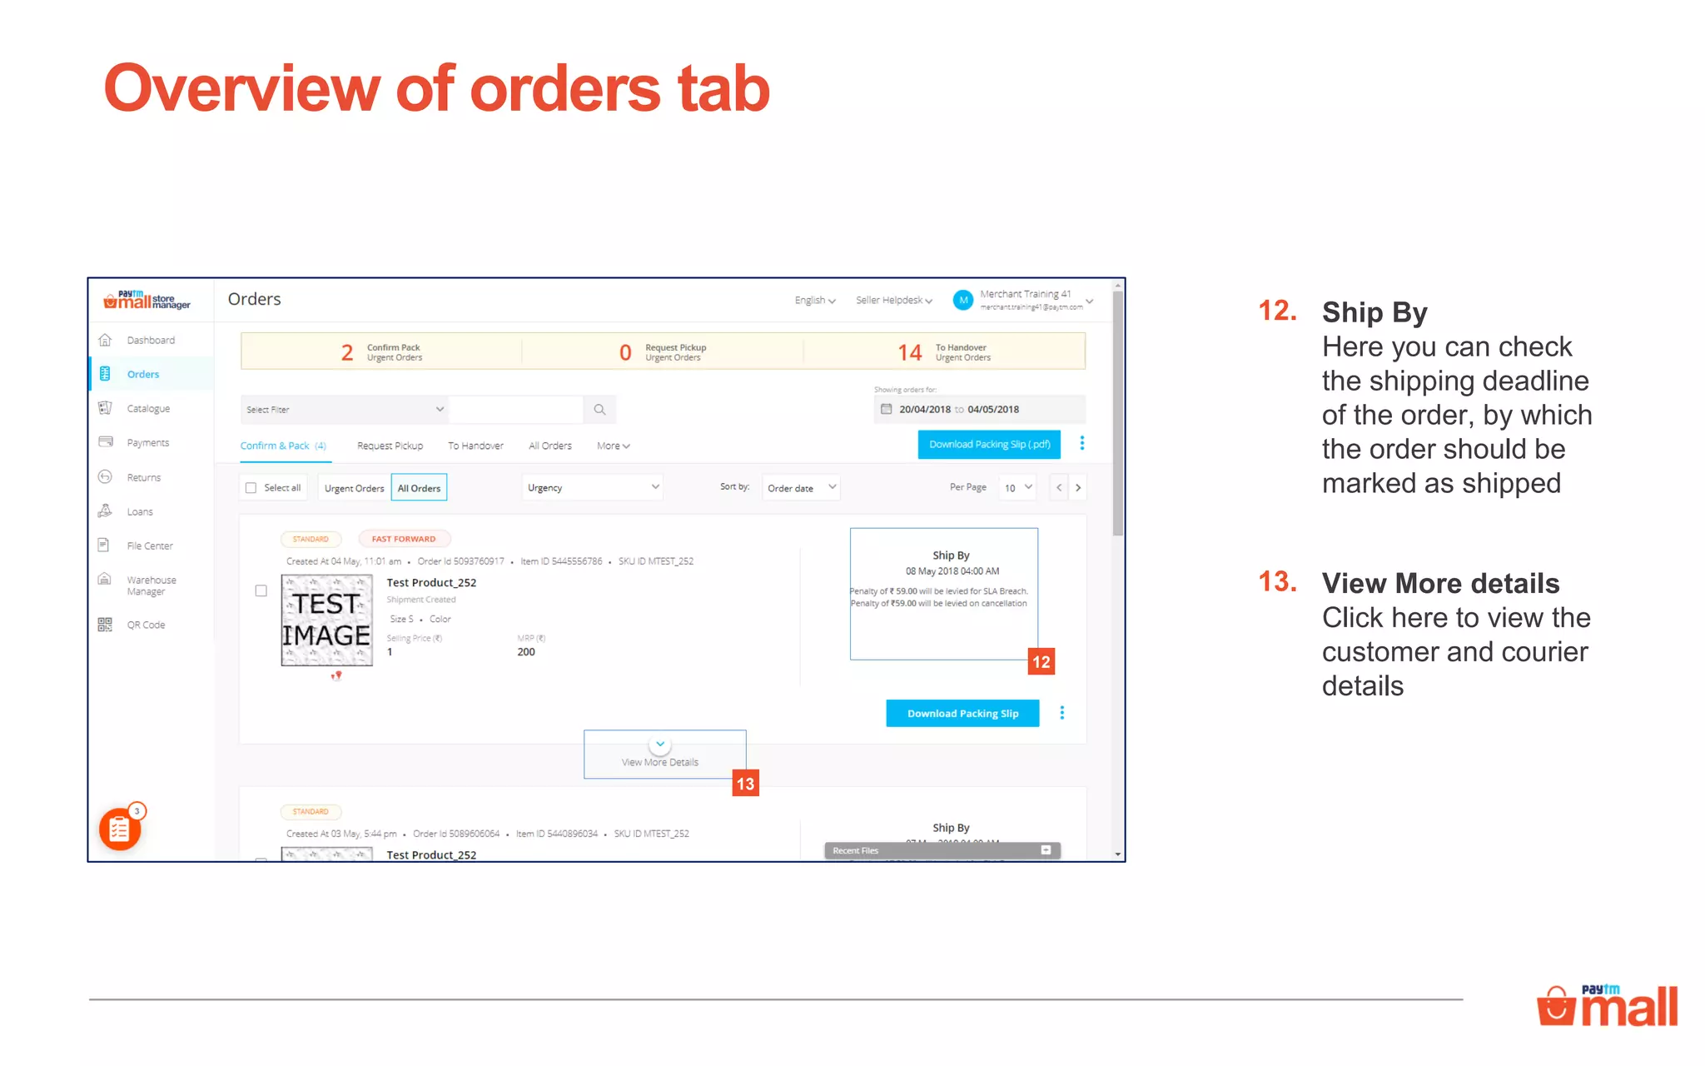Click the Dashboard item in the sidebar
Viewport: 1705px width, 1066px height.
pyautogui.click(x=150, y=341)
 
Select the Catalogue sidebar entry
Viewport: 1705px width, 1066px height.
pyautogui.click(x=147, y=409)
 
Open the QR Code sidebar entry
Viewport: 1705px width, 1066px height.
pyautogui.click(x=145, y=625)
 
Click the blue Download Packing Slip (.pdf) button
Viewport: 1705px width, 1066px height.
pyautogui.click(x=989, y=445)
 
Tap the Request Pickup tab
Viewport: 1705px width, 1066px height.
pyautogui.click(x=390, y=446)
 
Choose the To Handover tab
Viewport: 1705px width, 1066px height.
pyautogui.click(x=475, y=446)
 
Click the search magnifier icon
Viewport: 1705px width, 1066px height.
pyautogui.click(x=599, y=410)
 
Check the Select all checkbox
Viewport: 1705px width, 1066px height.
pyautogui.click(x=251, y=488)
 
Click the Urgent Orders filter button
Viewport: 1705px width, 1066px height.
pyautogui.click(x=354, y=488)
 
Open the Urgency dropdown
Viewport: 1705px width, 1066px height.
pyautogui.click(x=592, y=488)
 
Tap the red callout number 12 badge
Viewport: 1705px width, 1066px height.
pyautogui.click(x=1041, y=662)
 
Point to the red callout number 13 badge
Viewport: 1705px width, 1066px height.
pyautogui.click(x=745, y=784)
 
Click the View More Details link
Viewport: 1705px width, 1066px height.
pyautogui.click(x=660, y=762)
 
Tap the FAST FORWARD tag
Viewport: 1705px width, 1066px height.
pyautogui.click(x=404, y=539)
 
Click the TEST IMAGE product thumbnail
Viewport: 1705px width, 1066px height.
pyautogui.click(x=326, y=620)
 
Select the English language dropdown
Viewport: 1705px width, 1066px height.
pyautogui.click(x=814, y=301)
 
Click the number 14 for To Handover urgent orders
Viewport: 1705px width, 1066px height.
pyautogui.click(x=909, y=353)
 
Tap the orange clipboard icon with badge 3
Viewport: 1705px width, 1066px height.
pyautogui.click(x=120, y=829)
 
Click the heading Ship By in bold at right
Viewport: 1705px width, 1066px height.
pyautogui.click(x=1374, y=313)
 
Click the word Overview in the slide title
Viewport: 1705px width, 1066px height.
pyautogui.click(x=241, y=89)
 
